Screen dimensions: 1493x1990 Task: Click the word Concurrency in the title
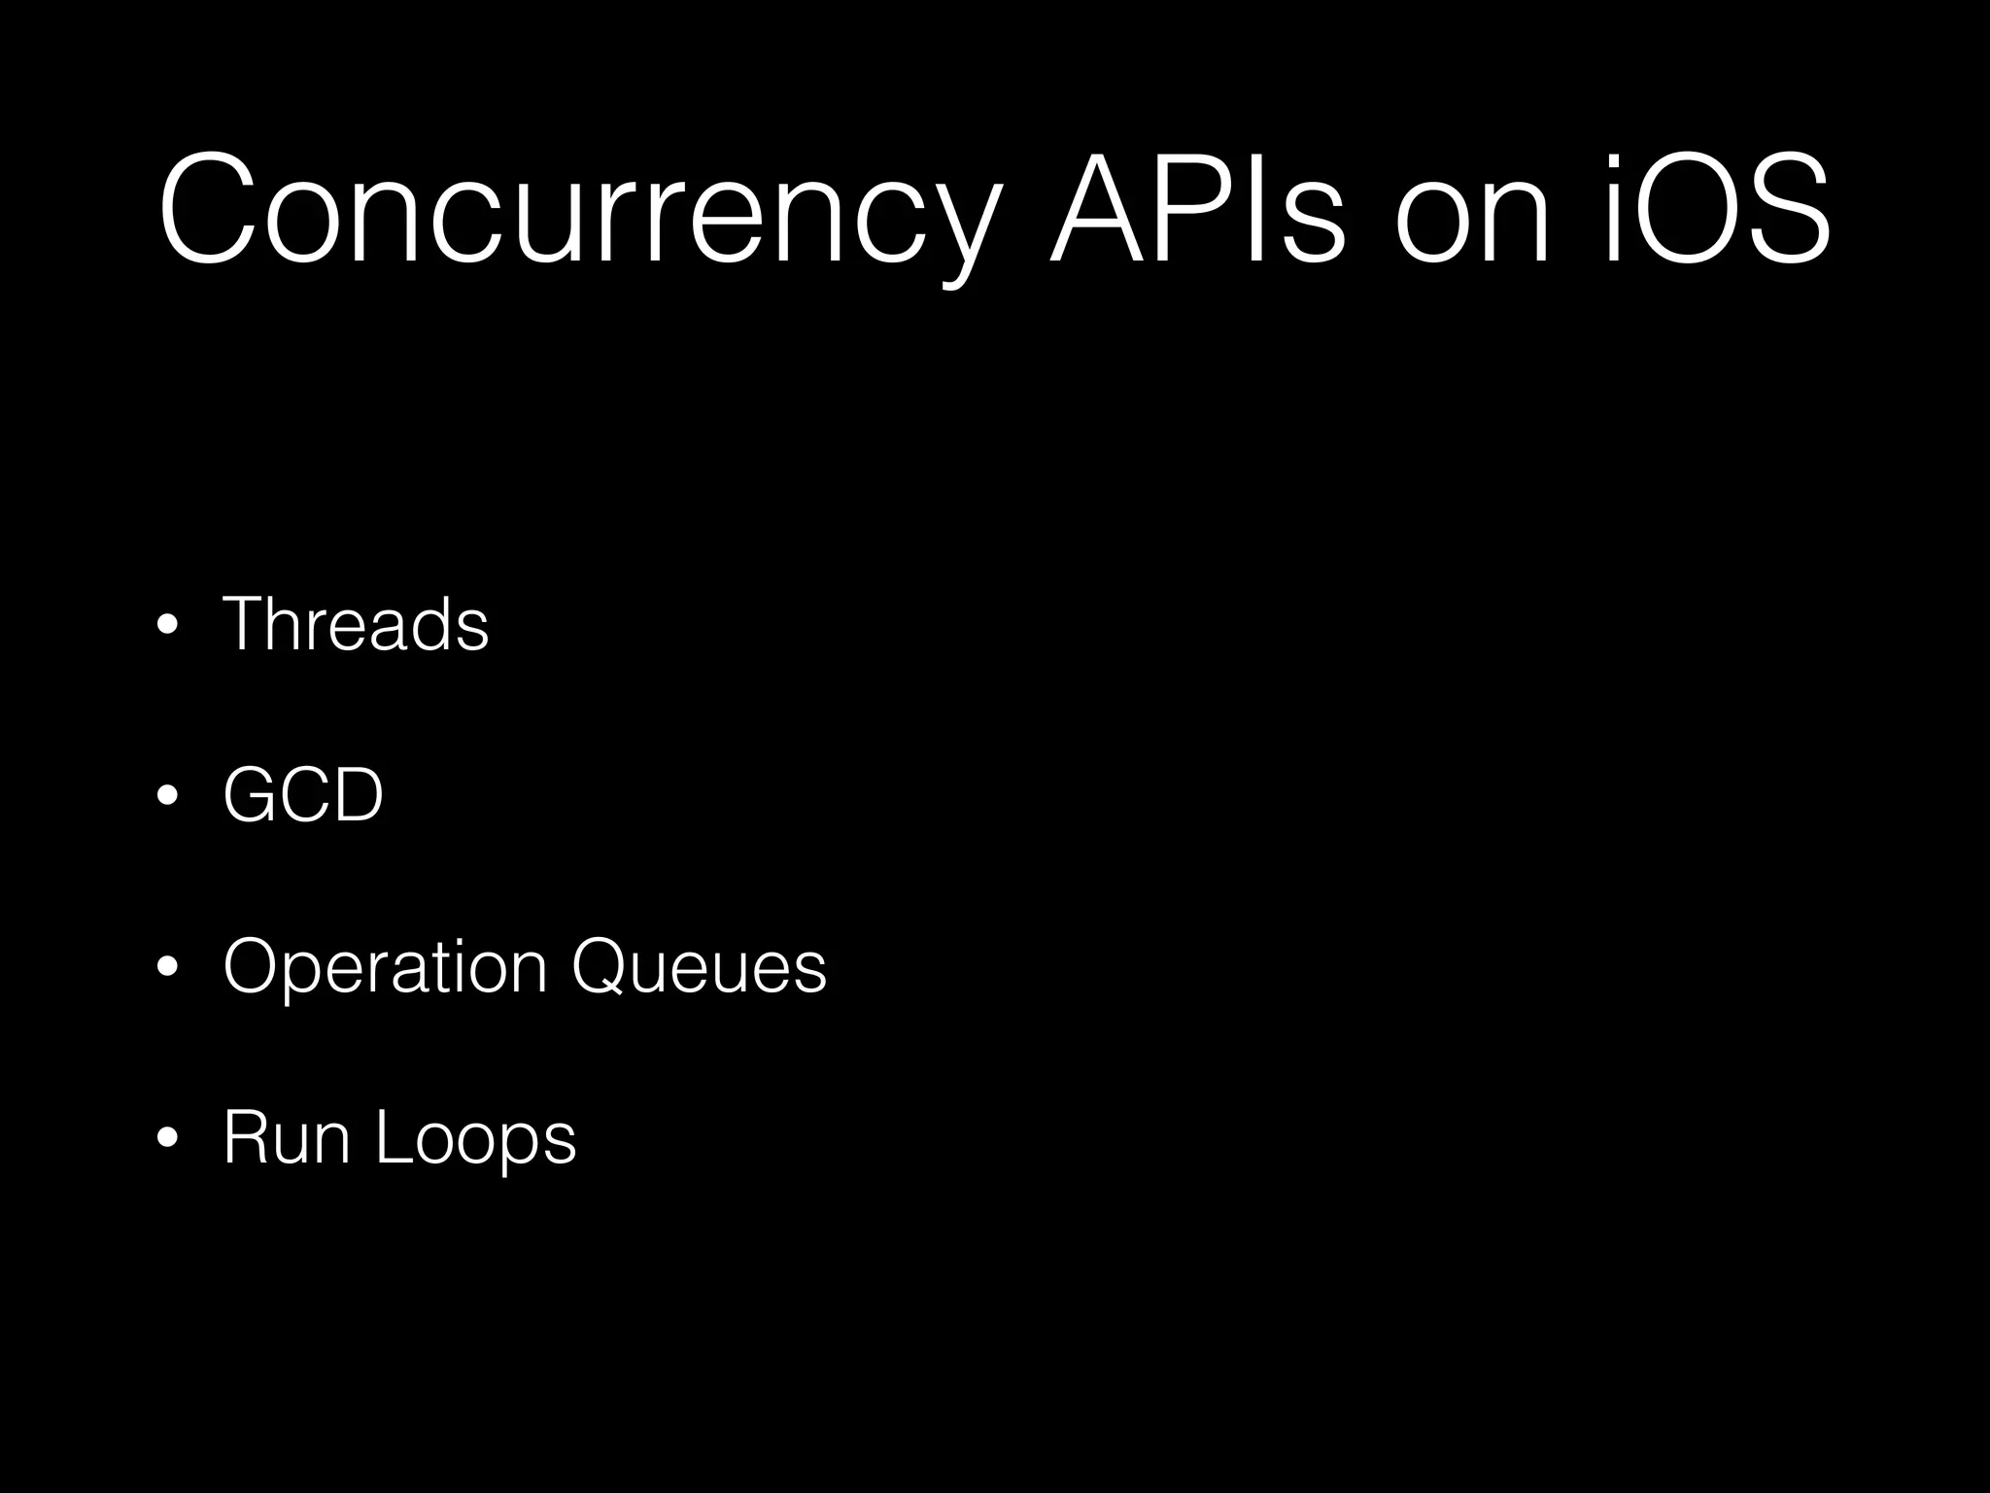(x=579, y=209)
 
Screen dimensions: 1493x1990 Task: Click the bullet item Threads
(x=356, y=623)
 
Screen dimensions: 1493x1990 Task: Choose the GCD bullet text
(x=303, y=794)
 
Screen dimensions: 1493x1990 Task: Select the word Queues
(x=699, y=968)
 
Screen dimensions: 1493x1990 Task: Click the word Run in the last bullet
(x=286, y=1137)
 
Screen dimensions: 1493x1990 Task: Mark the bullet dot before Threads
(x=168, y=626)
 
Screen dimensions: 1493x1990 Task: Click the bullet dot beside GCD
(x=168, y=797)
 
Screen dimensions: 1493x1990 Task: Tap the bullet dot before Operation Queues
(x=168, y=968)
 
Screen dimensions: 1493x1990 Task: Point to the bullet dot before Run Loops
(x=168, y=1139)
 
